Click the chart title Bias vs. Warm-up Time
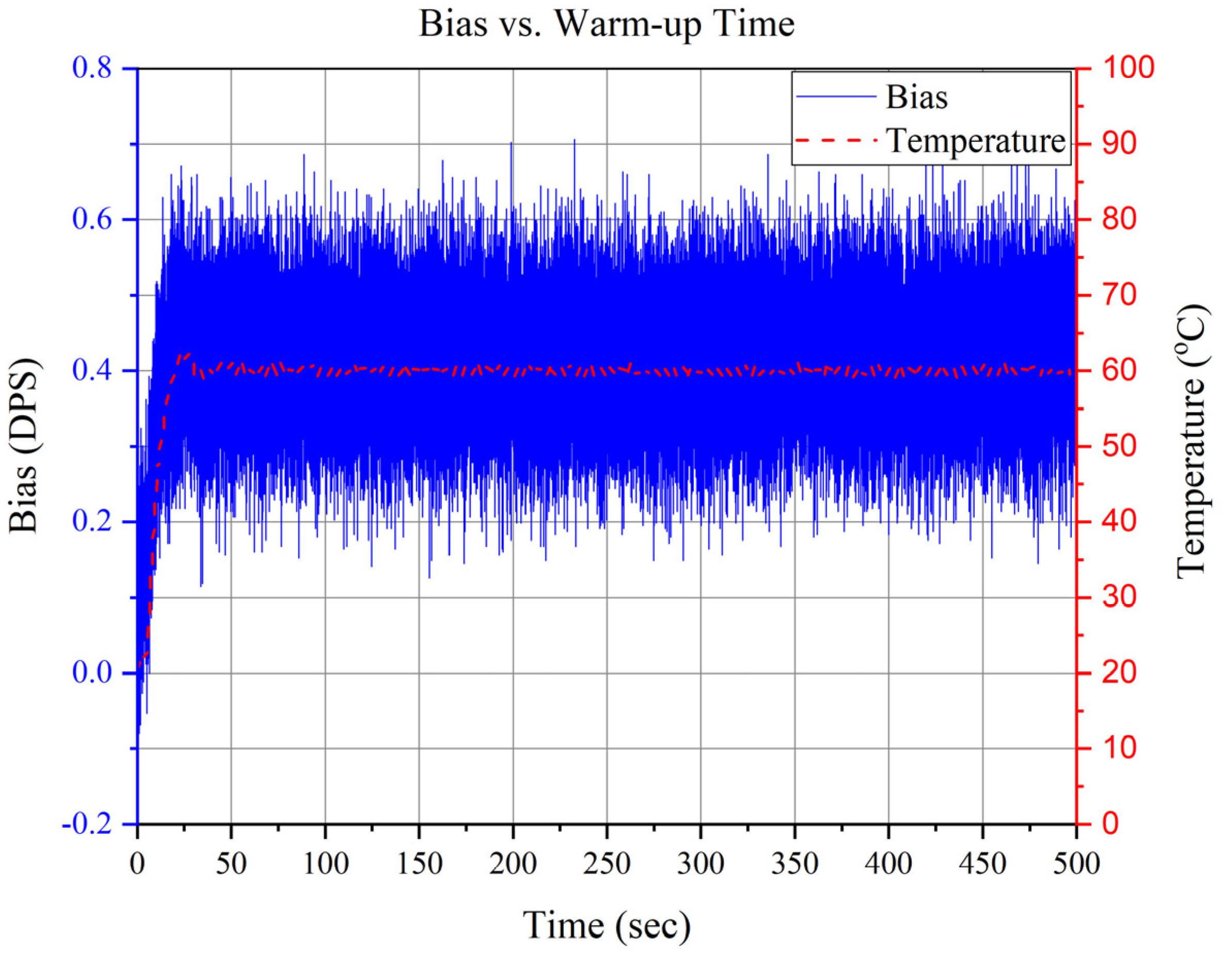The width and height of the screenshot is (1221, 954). [607, 25]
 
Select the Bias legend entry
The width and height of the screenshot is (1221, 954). [917, 98]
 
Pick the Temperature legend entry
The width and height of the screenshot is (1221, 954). [976, 141]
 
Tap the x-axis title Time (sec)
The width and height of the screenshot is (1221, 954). [607, 925]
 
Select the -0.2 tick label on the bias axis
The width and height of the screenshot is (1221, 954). [87, 824]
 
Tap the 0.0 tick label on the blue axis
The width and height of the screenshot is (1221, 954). [92, 673]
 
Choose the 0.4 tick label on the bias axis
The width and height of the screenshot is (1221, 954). [92, 370]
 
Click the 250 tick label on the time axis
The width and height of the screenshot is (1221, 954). [607, 864]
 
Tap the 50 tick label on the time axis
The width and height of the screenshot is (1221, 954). [231, 864]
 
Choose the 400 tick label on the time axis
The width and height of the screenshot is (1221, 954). [889, 864]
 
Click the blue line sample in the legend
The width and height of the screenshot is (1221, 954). [836, 96]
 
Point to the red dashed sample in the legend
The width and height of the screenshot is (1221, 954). [836, 140]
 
